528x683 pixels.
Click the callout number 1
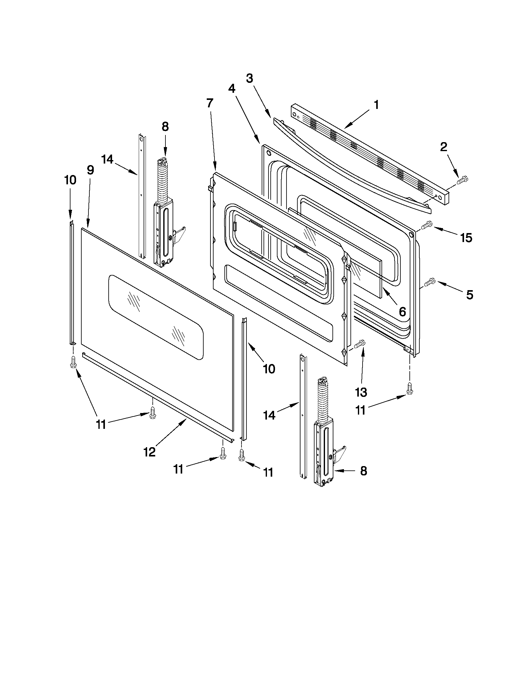click(x=376, y=105)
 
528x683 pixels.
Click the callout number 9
click(x=90, y=170)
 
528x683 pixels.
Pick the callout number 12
click(x=150, y=452)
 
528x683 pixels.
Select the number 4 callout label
click(x=232, y=89)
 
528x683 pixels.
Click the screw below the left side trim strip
click(x=73, y=362)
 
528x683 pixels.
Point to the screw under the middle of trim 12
click(x=153, y=413)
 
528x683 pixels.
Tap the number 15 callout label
click(x=466, y=238)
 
